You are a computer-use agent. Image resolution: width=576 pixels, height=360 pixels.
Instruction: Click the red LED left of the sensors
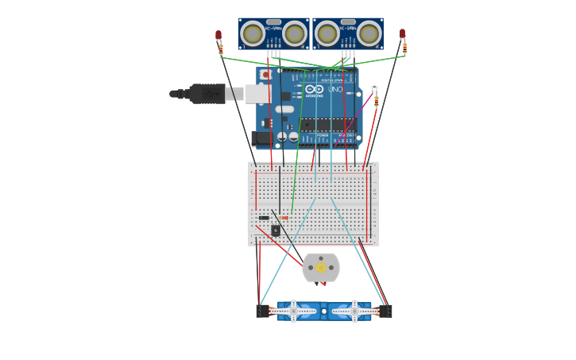218,36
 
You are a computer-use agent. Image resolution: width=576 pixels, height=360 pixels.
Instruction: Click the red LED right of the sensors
403,34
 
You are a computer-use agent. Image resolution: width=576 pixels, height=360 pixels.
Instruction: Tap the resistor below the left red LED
221,50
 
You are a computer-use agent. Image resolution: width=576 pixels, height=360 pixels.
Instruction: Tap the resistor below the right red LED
404,48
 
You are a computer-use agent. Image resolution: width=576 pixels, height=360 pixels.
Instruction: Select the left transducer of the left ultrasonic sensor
253,34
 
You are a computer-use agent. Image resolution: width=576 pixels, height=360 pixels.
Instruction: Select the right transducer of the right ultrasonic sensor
369,33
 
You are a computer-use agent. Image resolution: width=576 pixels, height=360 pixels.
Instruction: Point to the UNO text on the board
335,89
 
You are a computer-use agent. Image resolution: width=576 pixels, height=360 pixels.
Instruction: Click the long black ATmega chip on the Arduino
327,125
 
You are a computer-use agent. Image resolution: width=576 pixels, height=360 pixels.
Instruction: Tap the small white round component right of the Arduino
374,87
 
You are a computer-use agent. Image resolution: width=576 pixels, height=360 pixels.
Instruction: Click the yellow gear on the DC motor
321,268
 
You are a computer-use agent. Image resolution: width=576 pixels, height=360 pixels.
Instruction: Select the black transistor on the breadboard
276,230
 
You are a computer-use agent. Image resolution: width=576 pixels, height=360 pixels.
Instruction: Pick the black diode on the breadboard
264,218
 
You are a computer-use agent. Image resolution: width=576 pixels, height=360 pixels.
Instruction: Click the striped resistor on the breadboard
284,218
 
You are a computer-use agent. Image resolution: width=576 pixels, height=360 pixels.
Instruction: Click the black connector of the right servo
385,312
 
